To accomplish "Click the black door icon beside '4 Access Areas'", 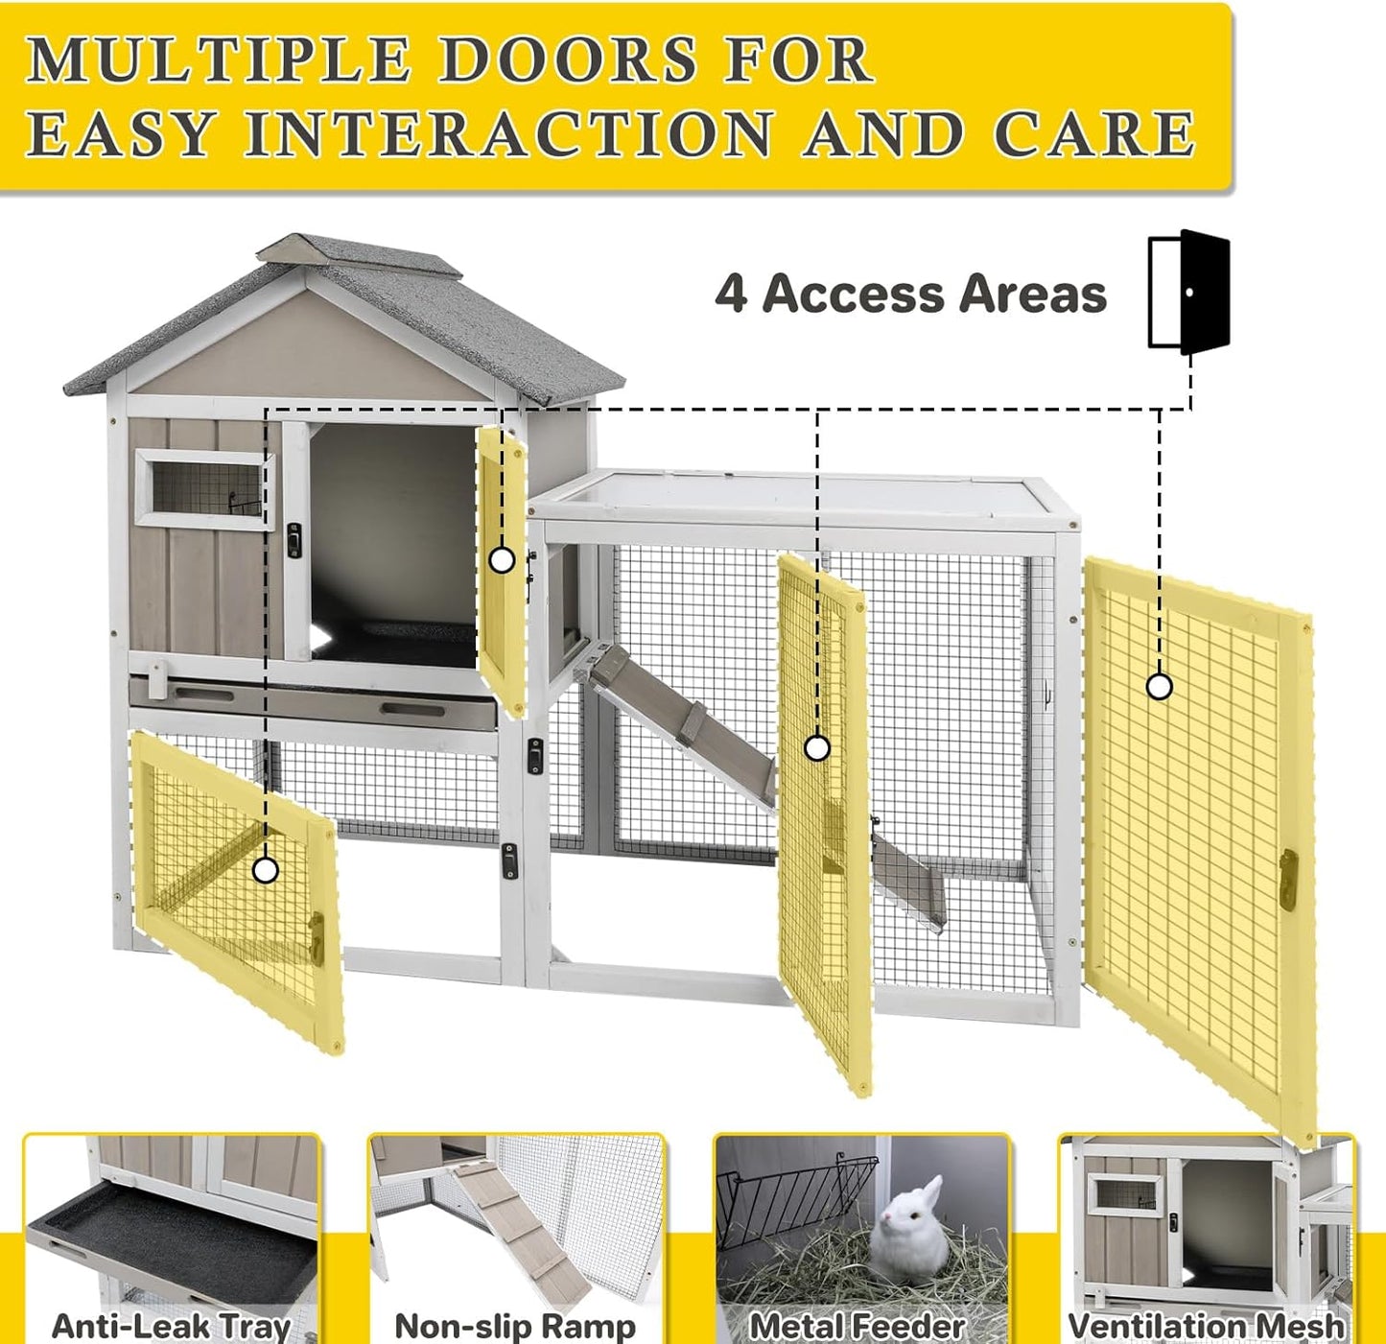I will coord(1190,291).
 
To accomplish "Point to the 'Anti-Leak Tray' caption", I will coord(171,1326).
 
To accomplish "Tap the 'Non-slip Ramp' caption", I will coord(515,1326).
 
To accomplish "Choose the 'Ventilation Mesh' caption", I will coord(1206,1326).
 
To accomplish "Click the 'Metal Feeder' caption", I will coord(857,1326).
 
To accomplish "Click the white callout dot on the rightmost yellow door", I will coord(1160,687).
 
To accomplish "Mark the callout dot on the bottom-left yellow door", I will coord(266,870).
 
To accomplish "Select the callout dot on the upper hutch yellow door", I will coord(502,560).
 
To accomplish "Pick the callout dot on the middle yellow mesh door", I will coord(816,748).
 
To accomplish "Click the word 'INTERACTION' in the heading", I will coord(508,133).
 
